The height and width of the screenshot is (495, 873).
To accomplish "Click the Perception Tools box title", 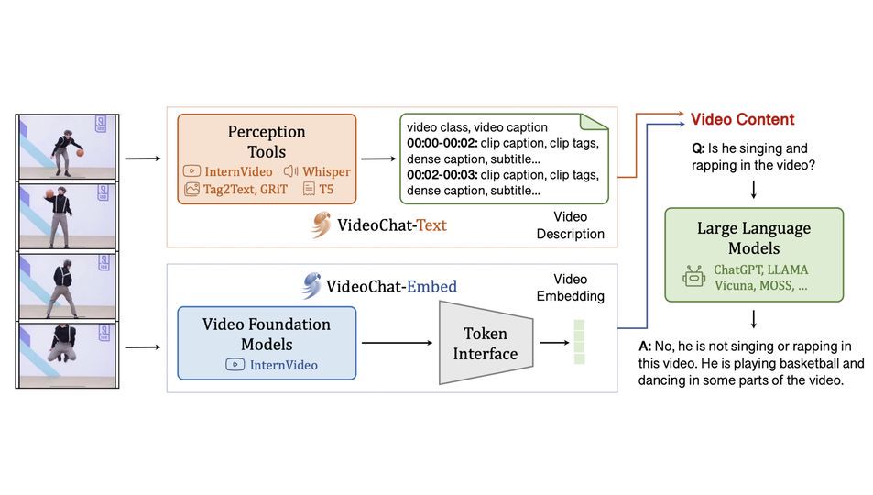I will [266, 142].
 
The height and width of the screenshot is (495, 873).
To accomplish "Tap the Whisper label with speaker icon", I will [317, 171].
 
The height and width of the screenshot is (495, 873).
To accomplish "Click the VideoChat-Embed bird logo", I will [311, 286].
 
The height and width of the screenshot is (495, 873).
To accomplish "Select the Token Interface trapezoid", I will [485, 343].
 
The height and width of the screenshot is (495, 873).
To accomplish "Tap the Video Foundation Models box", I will [266, 344].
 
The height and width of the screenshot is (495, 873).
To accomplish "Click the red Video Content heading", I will [742, 119].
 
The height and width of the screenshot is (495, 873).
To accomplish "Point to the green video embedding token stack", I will [579, 341].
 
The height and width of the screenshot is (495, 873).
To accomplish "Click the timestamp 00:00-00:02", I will [441, 144].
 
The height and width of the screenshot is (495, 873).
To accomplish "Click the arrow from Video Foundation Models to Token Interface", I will [397, 343].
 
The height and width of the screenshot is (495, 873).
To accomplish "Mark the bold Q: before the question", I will [697, 148].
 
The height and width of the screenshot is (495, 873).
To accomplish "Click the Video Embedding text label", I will [571, 287].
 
